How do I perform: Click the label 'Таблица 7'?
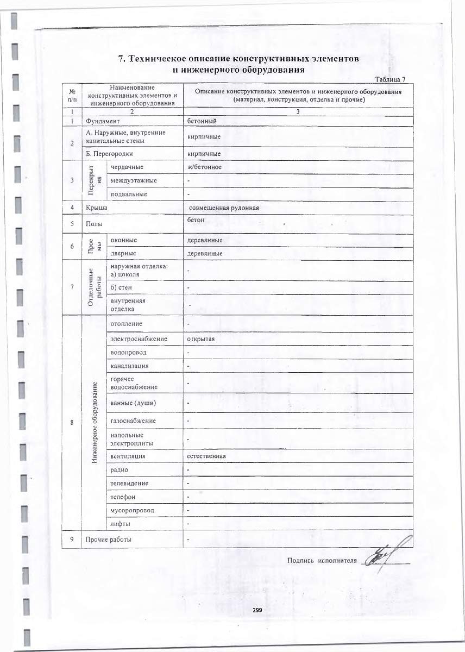[391, 80]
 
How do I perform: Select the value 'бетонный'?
[202, 120]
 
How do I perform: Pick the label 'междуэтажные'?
[134, 180]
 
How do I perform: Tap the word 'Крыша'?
[96, 208]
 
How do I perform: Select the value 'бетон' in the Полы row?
[196, 220]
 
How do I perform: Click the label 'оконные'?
[124, 240]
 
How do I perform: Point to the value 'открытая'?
[201, 339]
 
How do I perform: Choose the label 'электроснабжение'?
[139, 339]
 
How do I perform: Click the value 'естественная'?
[206, 456]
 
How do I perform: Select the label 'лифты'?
[120, 524]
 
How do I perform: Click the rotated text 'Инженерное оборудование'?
[94, 423]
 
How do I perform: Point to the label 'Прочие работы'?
[109, 540]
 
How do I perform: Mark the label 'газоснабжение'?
[133, 421]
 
